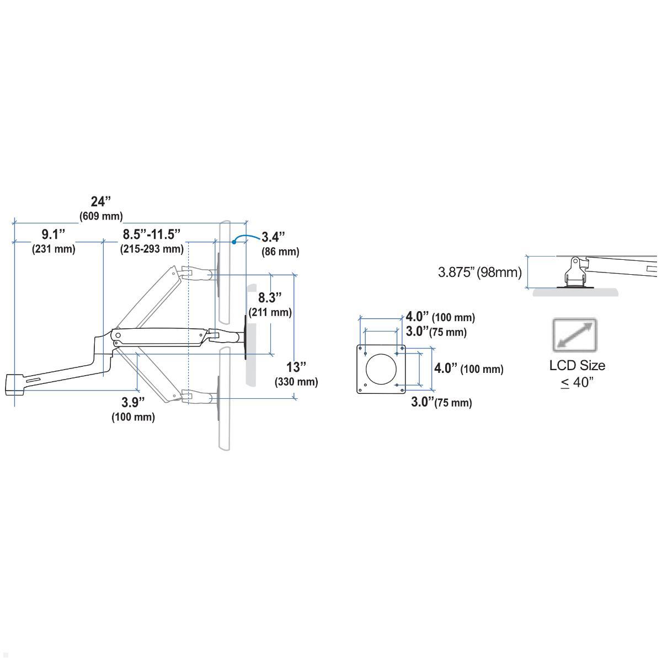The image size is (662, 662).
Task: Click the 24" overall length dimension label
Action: tap(101, 201)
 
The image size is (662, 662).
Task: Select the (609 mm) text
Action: tap(101, 216)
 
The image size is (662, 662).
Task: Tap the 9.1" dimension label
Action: tap(54, 234)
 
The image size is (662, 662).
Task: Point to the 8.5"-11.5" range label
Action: tap(152, 234)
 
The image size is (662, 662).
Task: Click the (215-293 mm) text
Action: tap(152, 249)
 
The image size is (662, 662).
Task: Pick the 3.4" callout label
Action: tap(273, 237)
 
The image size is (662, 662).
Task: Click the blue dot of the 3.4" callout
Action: tap(234, 241)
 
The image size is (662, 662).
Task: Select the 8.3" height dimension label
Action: tap(270, 298)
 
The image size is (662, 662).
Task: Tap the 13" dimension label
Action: tap(296, 367)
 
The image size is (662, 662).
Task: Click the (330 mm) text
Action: tap(296, 382)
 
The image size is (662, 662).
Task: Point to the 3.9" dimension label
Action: tap(133, 402)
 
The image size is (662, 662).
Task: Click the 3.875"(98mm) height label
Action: tap(479, 272)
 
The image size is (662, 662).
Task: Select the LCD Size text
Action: tap(577, 365)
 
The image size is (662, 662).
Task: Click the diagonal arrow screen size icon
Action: tap(575, 335)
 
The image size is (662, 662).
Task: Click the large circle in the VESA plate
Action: tap(381, 369)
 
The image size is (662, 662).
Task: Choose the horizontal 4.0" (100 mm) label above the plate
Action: tap(440, 317)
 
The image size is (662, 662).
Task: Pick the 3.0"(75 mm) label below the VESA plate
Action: tap(441, 402)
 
